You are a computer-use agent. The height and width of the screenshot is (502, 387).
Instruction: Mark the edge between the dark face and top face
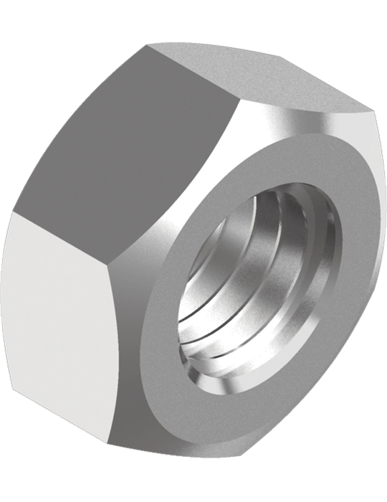[x=193, y=75]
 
